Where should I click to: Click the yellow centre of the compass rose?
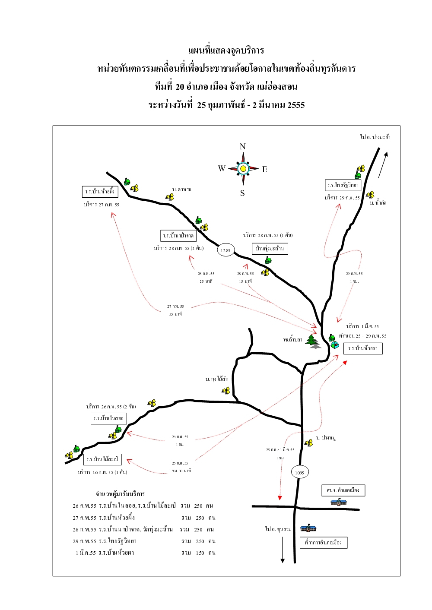click(x=243, y=168)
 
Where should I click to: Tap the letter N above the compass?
click(x=242, y=146)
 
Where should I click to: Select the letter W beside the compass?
click(x=222, y=168)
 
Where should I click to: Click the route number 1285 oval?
click(x=226, y=250)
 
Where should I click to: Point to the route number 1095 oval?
click(x=299, y=472)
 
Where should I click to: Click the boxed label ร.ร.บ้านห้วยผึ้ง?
click(x=100, y=191)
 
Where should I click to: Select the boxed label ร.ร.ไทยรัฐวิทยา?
click(x=343, y=185)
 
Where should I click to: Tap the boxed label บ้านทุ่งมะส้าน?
click(x=270, y=249)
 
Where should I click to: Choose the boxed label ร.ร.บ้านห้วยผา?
click(x=363, y=348)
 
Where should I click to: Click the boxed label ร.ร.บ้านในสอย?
click(x=108, y=418)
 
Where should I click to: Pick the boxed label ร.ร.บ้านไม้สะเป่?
click(x=102, y=459)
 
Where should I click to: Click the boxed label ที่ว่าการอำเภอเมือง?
click(x=324, y=543)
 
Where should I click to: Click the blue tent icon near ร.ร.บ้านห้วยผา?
click(x=334, y=345)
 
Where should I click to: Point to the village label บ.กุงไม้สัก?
click(x=217, y=379)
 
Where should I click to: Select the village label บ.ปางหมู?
click(x=326, y=438)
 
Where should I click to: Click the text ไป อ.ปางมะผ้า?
click(x=375, y=137)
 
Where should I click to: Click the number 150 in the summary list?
click(x=200, y=553)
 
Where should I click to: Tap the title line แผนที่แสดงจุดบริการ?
click(x=226, y=51)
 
